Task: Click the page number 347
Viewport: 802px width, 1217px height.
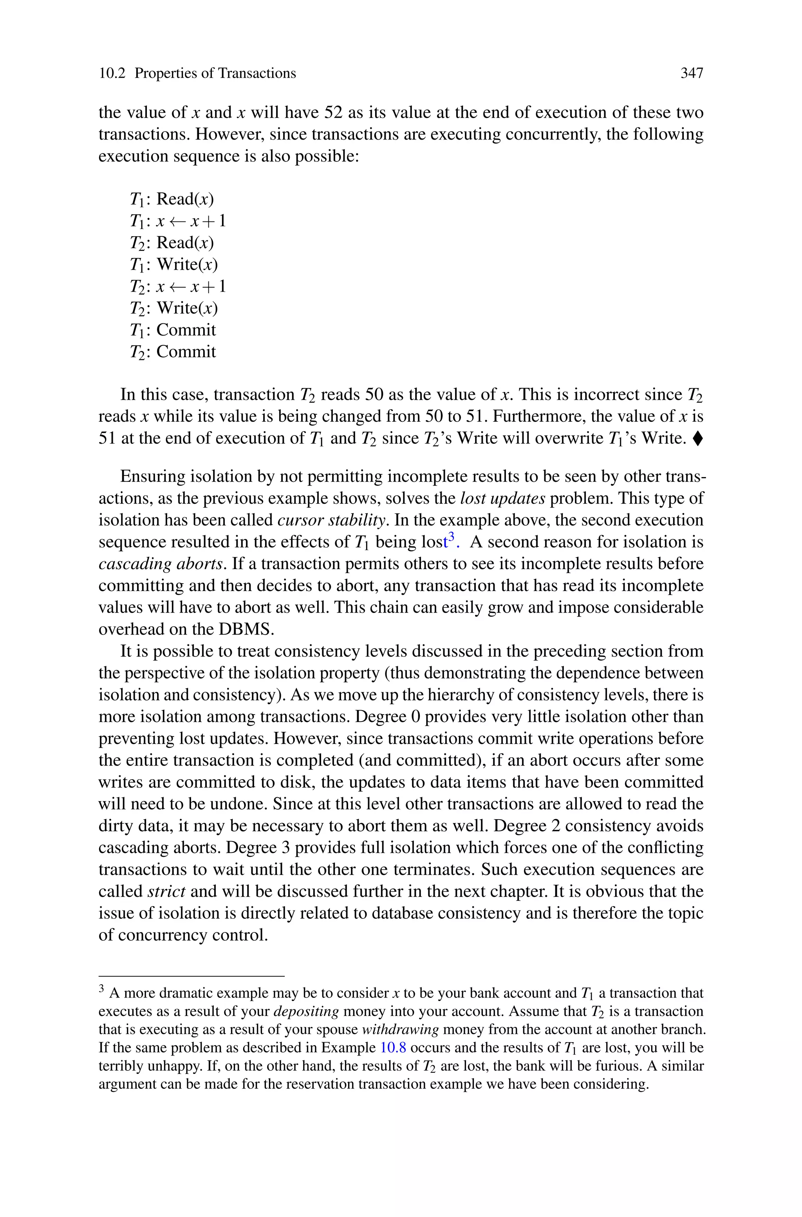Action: click(x=692, y=74)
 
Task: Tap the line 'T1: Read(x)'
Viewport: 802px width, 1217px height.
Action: click(x=172, y=199)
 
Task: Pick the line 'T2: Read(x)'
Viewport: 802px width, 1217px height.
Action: click(x=172, y=243)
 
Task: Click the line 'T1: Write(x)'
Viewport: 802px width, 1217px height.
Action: click(x=174, y=265)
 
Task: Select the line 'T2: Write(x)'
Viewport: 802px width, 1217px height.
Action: click(x=174, y=308)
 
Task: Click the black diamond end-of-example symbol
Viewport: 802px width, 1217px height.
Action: click(x=699, y=439)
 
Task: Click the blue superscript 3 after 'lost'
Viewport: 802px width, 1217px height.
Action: click(x=451, y=537)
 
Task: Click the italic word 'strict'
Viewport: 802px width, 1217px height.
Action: click(x=166, y=892)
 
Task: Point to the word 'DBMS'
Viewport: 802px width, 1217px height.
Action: click(x=247, y=629)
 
